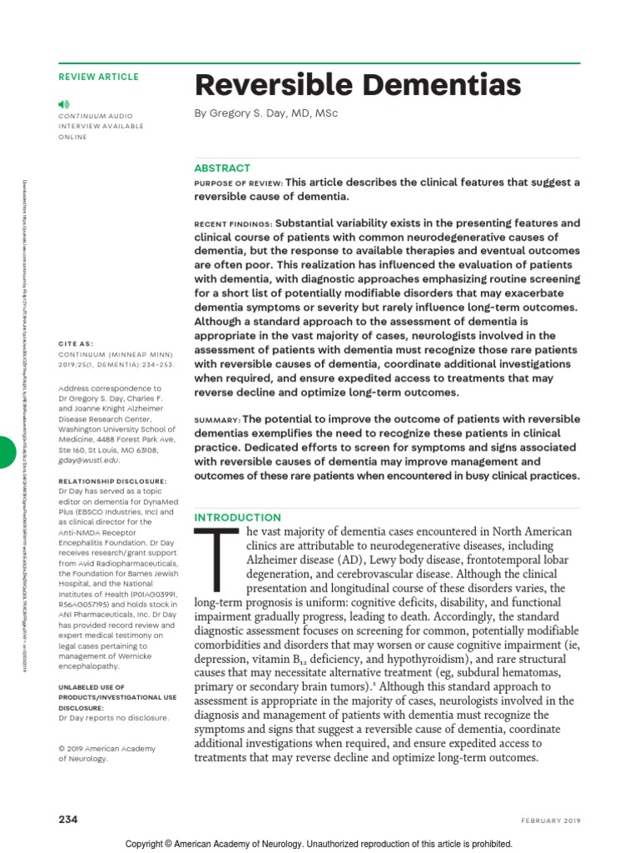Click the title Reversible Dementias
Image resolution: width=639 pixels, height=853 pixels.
358,85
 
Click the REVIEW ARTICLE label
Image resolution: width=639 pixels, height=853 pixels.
99,77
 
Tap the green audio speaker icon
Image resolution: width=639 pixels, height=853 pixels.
64,103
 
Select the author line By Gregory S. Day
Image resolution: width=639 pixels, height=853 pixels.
266,113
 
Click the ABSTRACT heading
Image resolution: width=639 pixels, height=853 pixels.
222,167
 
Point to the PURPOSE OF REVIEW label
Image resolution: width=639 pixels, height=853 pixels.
238,183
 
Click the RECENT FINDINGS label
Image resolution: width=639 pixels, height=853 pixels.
233,225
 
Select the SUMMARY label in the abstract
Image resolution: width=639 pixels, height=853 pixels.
217,420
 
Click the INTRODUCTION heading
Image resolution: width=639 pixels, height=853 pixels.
237,517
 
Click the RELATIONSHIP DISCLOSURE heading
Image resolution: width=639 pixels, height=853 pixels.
112,481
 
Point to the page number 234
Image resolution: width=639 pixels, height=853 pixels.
68,819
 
